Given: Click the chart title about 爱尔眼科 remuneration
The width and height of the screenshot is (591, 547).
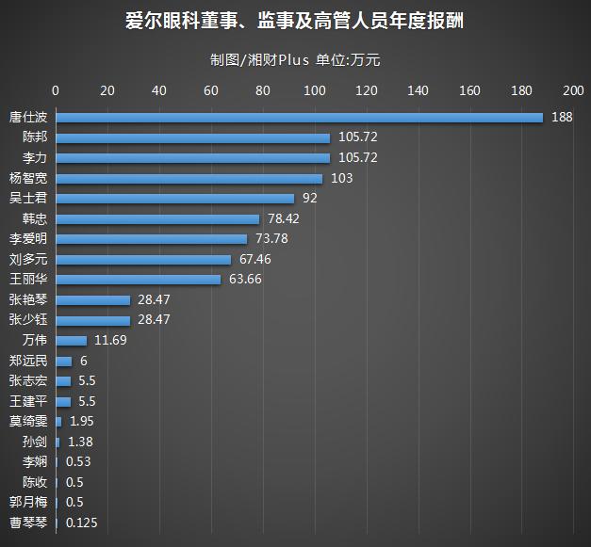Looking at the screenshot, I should (295, 20).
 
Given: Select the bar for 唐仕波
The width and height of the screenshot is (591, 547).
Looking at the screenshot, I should (299, 118).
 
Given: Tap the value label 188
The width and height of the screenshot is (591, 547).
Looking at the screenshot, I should (562, 118).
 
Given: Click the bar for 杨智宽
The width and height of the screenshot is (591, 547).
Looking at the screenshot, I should (189, 178).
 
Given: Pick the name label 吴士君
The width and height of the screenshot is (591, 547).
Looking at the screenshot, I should (27, 199).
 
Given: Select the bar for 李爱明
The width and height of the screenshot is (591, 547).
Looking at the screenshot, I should (151, 239).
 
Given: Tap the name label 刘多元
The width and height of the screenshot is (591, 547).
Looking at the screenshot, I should (27, 260).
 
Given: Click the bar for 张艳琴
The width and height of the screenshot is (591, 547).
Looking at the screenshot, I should (92, 299).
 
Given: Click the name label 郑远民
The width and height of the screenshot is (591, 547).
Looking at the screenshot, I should (27, 361).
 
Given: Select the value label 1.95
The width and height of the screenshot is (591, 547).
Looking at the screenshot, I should (82, 421).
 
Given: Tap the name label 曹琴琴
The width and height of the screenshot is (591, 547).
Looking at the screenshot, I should (27, 523).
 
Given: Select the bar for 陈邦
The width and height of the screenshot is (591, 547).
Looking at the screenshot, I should (192, 137).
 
